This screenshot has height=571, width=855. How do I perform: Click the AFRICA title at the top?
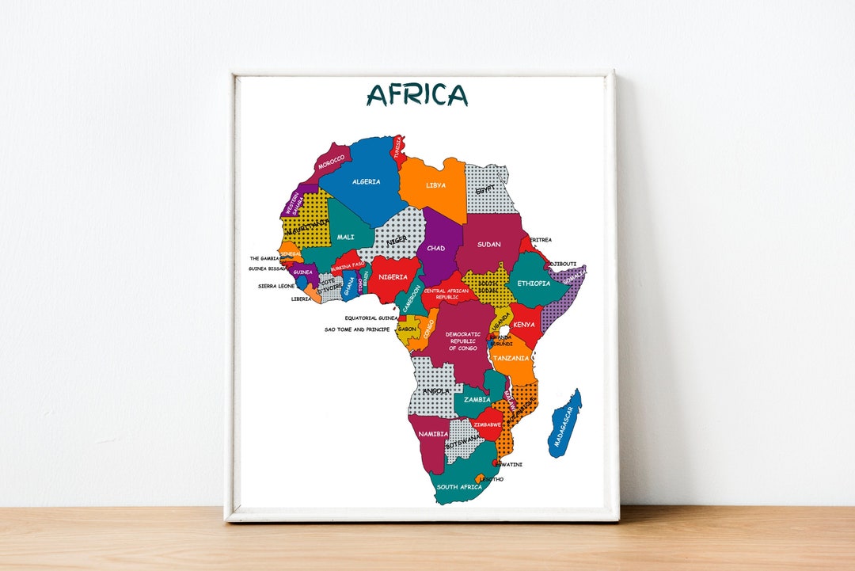[x=417, y=94]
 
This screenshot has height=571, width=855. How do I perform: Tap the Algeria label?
[x=366, y=182]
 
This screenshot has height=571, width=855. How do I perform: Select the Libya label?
[x=435, y=185]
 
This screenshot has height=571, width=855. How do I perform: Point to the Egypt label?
[x=484, y=190]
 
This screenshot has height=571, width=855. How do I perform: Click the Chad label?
[x=435, y=248]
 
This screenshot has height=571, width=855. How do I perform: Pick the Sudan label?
[x=489, y=244]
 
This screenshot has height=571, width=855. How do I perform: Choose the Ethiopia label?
[x=534, y=283]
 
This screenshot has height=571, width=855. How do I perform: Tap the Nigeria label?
[x=393, y=277]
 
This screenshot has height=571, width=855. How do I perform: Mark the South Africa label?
[x=459, y=487]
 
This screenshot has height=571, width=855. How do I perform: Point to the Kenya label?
[x=524, y=325]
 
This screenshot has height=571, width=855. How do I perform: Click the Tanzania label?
[x=511, y=359]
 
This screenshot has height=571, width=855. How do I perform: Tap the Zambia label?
[x=477, y=400]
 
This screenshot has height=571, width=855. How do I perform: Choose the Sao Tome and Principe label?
[x=357, y=329]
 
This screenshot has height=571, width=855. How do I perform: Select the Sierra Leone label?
[x=276, y=286]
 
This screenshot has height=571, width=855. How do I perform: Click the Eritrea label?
[x=541, y=239]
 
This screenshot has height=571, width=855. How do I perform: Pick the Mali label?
[x=346, y=237]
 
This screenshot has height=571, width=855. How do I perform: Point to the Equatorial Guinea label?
[x=366, y=318]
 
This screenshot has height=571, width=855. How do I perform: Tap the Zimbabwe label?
[x=488, y=424]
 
